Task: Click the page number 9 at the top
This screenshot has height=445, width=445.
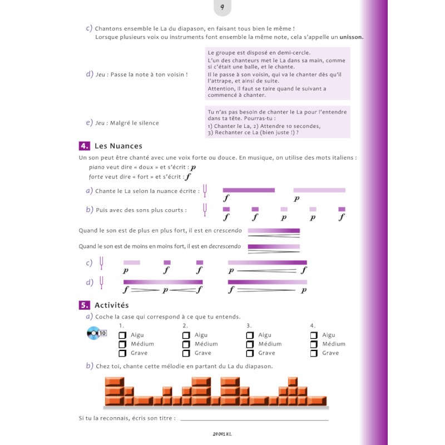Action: tap(222, 7)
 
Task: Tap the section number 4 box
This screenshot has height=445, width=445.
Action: tap(85, 146)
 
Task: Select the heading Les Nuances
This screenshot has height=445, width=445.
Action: tap(118, 146)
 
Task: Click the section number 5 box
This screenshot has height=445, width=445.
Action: tap(85, 305)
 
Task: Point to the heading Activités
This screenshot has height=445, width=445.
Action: tap(112, 305)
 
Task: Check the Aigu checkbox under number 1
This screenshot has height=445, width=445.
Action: tap(123, 335)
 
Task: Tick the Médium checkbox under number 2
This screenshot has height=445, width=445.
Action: tap(186, 344)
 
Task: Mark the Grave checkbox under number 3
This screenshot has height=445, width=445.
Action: tap(250, 353)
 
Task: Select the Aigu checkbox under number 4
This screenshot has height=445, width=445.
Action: tap(314, 335)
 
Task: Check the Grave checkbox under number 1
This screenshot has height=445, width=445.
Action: tap(123, 353)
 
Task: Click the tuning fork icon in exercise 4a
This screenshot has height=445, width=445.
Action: tap(206, 191)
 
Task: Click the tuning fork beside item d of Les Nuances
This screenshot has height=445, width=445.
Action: tap(102, 282)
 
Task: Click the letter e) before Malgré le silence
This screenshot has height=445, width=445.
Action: tap(89, 122)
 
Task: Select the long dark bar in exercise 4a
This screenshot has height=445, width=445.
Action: tap(249, 190)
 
